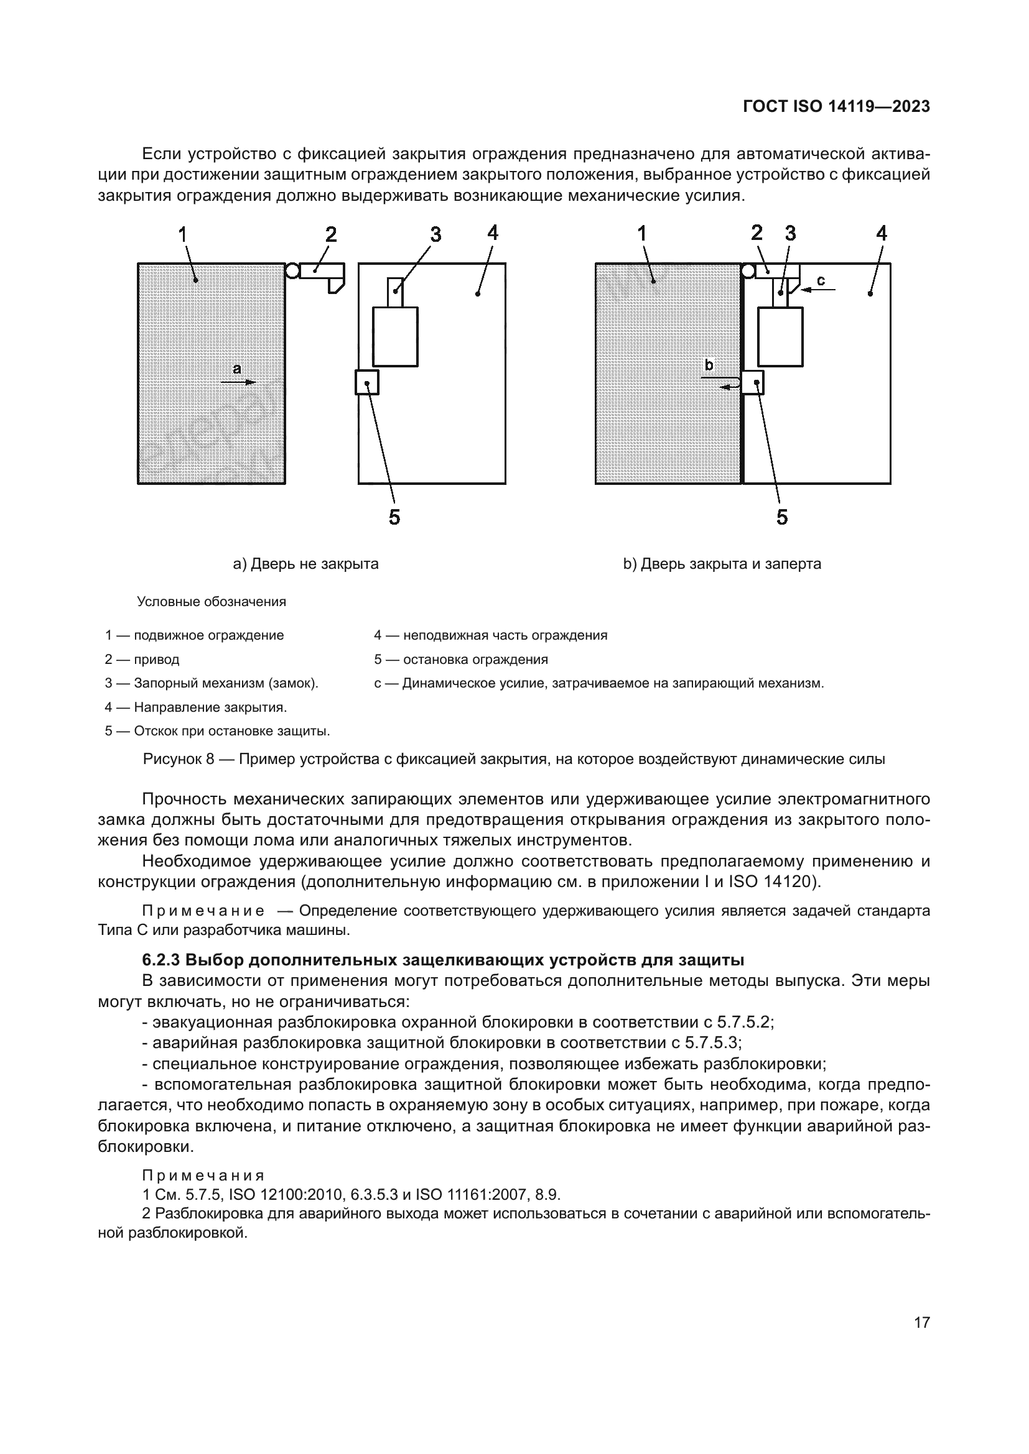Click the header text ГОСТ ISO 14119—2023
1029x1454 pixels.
pos(836,106)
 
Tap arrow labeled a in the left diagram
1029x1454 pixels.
pos(243,382)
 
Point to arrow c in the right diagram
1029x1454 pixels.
pos(818,290)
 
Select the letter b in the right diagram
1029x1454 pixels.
pos(709,366)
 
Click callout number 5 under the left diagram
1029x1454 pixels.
pos(394,517)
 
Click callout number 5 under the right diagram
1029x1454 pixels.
pos(782,517)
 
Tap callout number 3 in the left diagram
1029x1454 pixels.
pos(435,235)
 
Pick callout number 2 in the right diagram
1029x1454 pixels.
pos(757,233)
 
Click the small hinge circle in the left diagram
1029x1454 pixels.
pos(292,271)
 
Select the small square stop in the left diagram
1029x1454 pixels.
pos(367,382)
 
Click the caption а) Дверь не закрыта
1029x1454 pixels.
pos(306,564)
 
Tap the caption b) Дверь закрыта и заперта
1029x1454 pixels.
pos(722,564)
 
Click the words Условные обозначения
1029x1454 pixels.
pos(212,602)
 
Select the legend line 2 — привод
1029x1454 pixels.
pos(142,659)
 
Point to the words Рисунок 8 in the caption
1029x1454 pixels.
pos(179,758)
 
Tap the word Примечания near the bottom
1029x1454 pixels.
pos(203,1176)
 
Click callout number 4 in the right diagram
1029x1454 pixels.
pos(881,234)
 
